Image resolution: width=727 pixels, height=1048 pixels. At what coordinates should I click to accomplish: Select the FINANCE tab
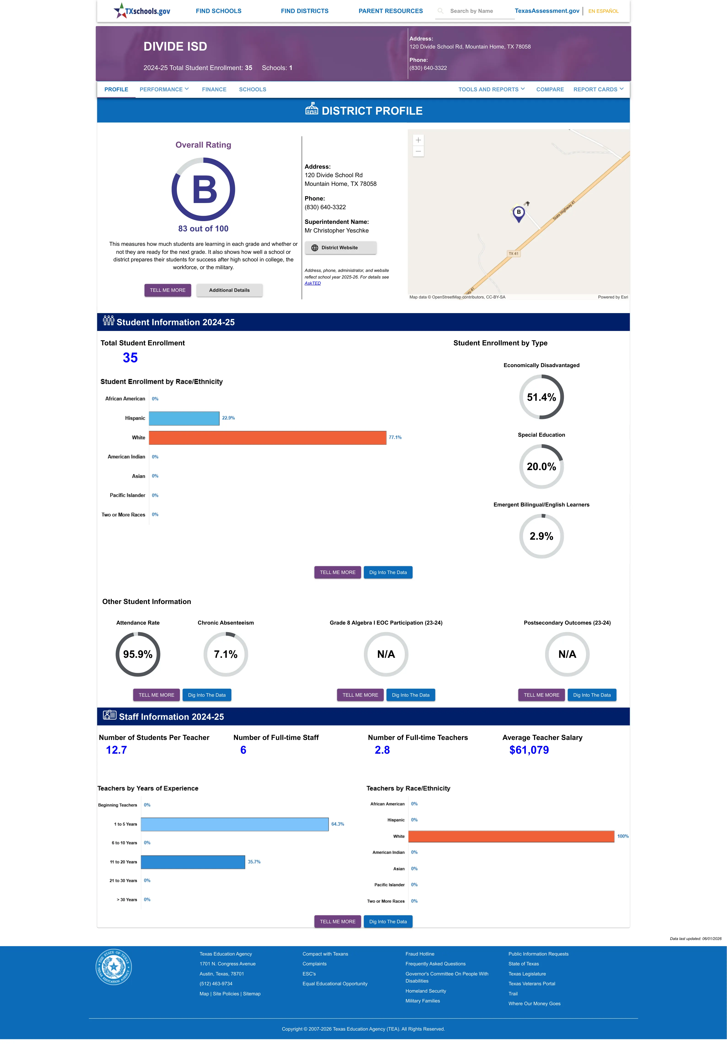(x=214, y=89)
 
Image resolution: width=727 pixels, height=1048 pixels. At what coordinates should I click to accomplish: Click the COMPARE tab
(x=550, y=89)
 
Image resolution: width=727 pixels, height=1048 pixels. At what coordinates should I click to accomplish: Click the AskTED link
(x=313, y=283)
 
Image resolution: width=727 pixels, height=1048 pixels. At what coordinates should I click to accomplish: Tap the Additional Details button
(x=229, y=290)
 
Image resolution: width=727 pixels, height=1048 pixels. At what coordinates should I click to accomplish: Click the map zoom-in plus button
(x=418, y=140)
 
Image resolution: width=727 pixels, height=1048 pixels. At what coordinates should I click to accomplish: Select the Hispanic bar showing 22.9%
(x=184, y=418)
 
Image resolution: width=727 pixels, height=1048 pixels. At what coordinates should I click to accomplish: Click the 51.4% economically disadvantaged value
(x=541, y=397)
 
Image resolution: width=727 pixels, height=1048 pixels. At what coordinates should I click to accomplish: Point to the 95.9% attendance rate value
(x=138, y=654)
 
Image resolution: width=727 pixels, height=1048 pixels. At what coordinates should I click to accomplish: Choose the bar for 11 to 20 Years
(x=193, y=862)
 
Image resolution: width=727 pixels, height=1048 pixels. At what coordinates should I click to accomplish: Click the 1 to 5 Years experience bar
(x=235, y=824)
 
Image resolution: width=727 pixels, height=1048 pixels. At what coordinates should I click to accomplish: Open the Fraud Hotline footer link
(x=419, y=954)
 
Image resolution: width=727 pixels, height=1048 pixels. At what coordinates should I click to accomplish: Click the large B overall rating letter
(x=205, y=190)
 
